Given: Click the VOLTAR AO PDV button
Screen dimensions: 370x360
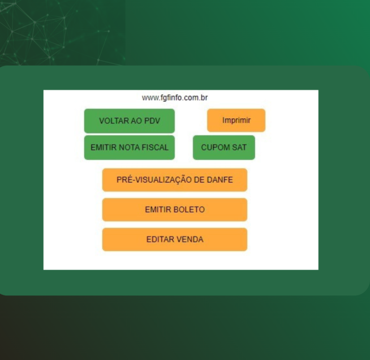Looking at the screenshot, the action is [x=130, y=121].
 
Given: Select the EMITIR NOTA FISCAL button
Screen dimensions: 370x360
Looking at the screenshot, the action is [x=130, y=148].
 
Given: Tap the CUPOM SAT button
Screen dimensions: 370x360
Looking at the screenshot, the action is [x=224, y=148].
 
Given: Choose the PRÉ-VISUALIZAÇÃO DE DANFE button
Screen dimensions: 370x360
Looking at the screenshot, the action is [x=175, y=180].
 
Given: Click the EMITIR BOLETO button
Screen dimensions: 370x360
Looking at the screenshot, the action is [x=175, y=209].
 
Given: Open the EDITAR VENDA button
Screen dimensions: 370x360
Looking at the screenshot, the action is [x=175, y=239].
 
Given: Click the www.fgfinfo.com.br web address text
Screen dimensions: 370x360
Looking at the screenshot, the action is [x=175, y=98].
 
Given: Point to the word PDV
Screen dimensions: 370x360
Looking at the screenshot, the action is [x=152, y=121].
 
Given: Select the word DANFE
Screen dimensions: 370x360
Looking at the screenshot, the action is [x=220, y=180].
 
